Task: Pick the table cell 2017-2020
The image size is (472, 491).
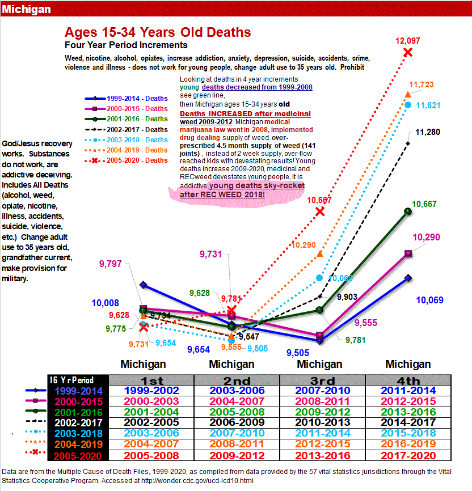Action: [408, 455]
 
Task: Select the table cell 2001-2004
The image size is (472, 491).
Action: [151, 412]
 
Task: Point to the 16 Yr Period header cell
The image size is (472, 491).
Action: [71, 380]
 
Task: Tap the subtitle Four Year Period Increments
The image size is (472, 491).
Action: [126, 45]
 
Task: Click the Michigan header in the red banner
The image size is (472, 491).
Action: [26, 10]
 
